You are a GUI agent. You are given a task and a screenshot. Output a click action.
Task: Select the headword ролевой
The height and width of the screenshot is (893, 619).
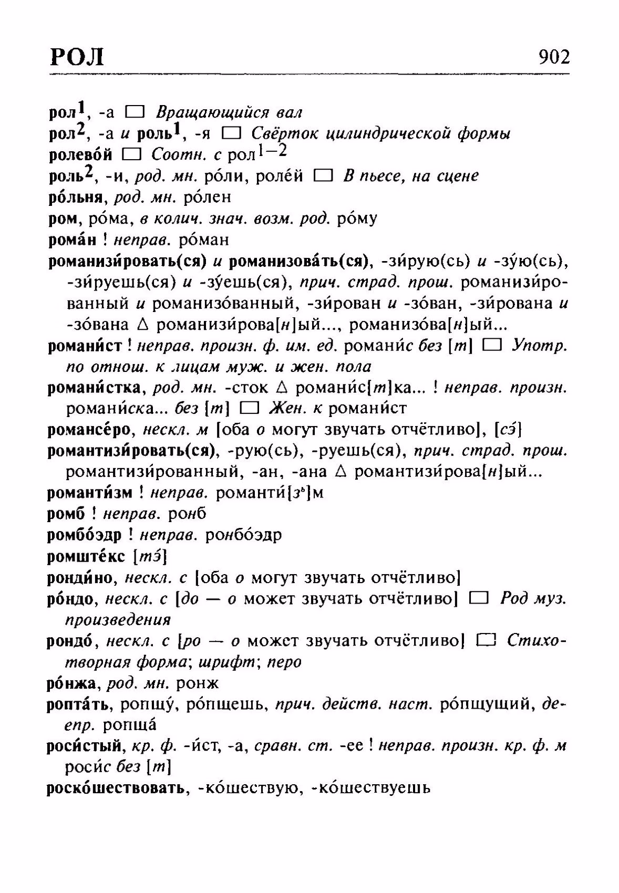click(x=80, y=154)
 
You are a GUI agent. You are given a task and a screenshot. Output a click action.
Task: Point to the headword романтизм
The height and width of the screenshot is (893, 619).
click(x=90, y=493)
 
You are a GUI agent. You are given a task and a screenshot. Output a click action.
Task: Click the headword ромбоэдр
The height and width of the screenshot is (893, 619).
click(x=84, y=535)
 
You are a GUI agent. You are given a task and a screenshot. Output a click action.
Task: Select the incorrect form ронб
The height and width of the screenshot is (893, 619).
click(x=188, y=514)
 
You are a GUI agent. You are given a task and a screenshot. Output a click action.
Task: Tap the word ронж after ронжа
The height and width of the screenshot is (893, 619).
click(x=198, y=683)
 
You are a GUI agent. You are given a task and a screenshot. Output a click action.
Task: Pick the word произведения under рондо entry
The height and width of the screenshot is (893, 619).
click(x=118, y=620)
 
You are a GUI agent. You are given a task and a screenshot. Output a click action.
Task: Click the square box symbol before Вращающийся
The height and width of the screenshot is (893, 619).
click(x=135, y=112)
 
